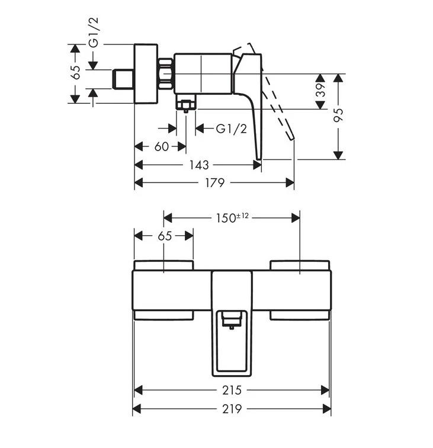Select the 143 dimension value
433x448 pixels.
pyautogui.click(x=199, y=165)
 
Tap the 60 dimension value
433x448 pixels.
pyautogui.click(x=161, y=146)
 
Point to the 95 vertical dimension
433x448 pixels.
pyautogui.click(x=339, y=117)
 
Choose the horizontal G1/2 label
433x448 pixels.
pyautogui.click(x=231, y=129)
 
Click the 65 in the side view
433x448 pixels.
pyautogui.click(x=75, y=73)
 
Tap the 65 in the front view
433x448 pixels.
pyautogui.click(x=165, y=236)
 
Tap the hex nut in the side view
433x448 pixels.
pyautogui.click(x=166, y=73)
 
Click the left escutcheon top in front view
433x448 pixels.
pyautogui.click(x=164, y=264)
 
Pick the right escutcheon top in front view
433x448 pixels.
pyautogui.click(x=300, y=264)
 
